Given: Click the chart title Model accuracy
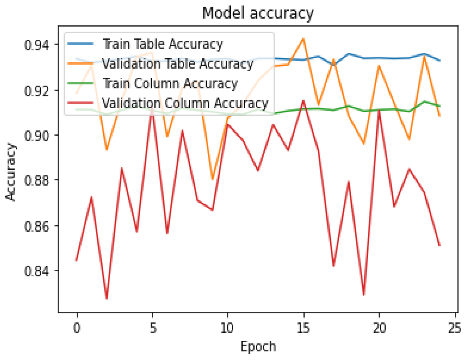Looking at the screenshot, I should pyautogui.click(x=258, y=13).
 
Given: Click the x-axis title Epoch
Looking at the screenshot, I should pyautogui.click(x=258, y=347).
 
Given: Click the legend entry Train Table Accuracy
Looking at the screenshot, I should pyautogui.click(x=162, y=44).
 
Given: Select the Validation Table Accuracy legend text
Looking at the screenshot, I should pyautogui.click(x=177, y=64).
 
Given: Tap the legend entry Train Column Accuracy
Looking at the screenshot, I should pyautogui.click(x=169, y=83).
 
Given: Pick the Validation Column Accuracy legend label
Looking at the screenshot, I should pyautogui.click(x=184, y=103).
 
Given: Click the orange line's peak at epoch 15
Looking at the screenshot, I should pyautogui.click(x=303, y=38).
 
